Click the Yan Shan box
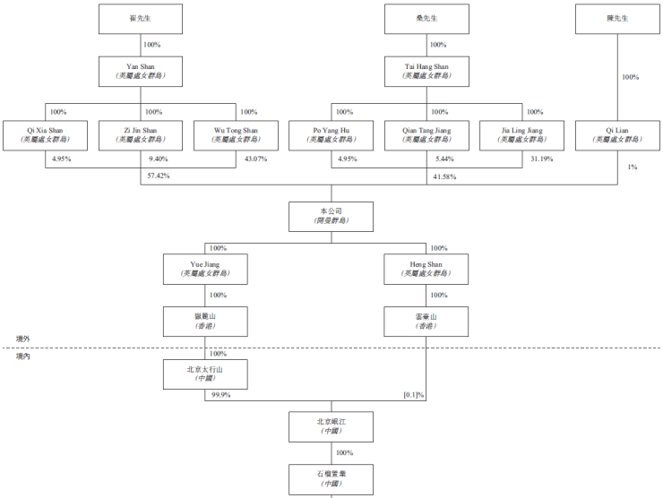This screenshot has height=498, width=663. [141, 72]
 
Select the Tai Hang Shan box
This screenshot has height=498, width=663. [426, 72]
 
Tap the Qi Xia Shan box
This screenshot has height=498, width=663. [45, 135]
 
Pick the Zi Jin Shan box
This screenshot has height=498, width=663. [141, 135]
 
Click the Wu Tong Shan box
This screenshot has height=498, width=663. [237, 135]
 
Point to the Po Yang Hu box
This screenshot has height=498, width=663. [331, 135]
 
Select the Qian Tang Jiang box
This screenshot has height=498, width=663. [426, 135]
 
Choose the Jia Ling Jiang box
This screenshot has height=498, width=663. [522, 135]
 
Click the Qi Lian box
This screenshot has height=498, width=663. [617, 135]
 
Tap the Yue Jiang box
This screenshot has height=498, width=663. [205, 269]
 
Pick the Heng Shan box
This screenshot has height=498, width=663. [426, 269]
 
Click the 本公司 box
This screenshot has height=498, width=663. [331, 216]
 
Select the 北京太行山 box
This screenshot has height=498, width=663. [205, 374]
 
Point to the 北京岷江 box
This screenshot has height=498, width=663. [331, 426]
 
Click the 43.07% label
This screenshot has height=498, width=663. [256, 159]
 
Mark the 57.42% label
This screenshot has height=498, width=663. [158, 176]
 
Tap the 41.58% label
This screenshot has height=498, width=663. [444, 176]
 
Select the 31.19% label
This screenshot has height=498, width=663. [541, 159]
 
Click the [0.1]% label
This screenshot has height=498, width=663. [413, 395]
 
